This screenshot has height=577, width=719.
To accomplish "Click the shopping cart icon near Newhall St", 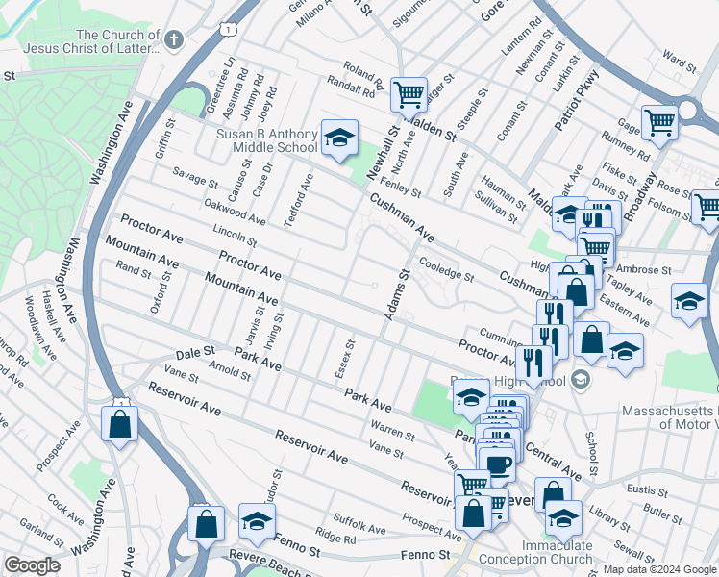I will [x=409, y=94].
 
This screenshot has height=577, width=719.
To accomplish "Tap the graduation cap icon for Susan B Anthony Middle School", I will [x=338, y=138].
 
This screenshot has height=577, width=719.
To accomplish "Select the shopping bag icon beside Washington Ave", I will [x=119, y=424].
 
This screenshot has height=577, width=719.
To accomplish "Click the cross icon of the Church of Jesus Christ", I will [x=172, y=39].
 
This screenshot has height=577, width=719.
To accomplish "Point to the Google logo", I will [x=32, y=565].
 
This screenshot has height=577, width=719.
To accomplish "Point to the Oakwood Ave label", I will [x=235, y=213].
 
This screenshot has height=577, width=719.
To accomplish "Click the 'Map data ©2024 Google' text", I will [x=658, y=569].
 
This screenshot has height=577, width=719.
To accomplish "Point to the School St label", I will [x=590, y=447].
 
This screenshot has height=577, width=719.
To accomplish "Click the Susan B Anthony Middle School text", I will [x=254, y=140].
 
